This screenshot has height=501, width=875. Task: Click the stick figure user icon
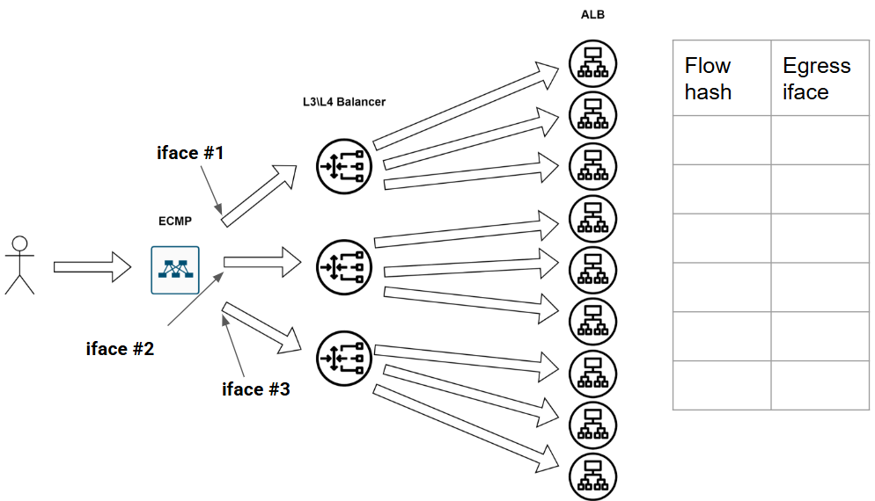click(x=19, y=265)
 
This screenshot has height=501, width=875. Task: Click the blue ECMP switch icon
click(x=175, y=270)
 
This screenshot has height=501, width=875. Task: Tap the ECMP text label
click(x=176, y=221)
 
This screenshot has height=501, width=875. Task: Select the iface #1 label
click(x=190, y=152)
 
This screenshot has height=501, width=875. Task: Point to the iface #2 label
click(x=120, y=349)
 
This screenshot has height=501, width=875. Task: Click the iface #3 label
click(x=255, y=388)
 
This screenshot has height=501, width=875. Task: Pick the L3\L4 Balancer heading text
click(x=343, y=102)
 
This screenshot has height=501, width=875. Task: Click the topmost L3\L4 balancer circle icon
click(x=344, y=165)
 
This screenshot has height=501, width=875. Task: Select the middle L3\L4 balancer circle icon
click(x=344, y=263)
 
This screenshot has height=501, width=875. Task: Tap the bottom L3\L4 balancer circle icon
click(x=344, y=357)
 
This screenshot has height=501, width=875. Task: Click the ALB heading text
click(x=592, y=15)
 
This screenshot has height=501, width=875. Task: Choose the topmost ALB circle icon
click(x=592, y=63)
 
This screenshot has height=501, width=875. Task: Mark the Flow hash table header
click(x=709, y=78)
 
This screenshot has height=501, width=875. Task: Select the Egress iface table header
click(x=816, y=78)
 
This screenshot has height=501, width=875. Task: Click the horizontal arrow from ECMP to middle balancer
click(x=263, y=261)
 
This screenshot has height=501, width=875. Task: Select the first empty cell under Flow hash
click(x=722, y=140)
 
